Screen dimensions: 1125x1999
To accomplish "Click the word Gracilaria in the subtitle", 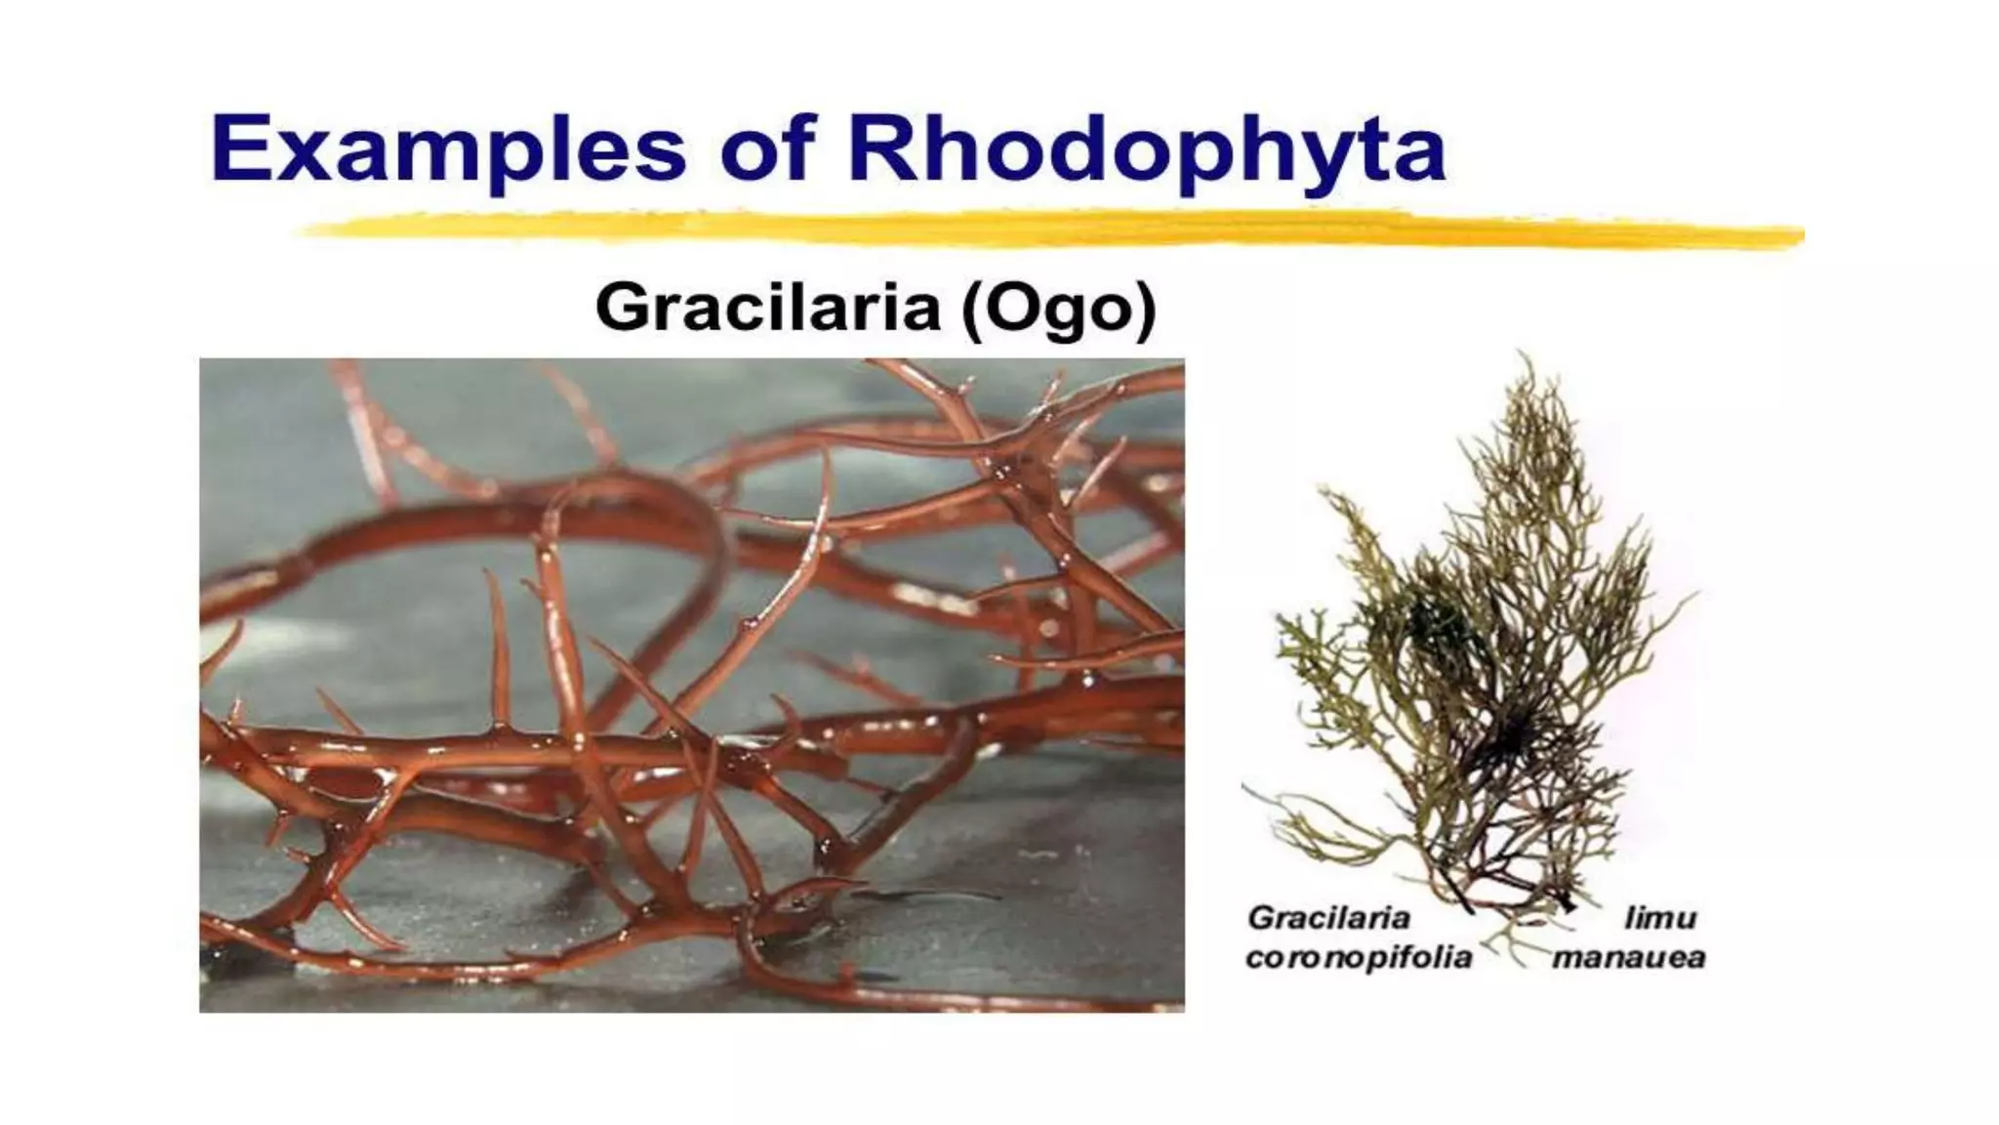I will point(767,308).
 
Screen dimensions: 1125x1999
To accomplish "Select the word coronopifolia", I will point(1359,957).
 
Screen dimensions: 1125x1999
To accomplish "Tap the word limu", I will point(1660,918).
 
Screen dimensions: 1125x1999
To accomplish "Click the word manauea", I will point(1629,957).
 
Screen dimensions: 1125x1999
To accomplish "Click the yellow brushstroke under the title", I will point(1049,230).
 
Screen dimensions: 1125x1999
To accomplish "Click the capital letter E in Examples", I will point(239,148).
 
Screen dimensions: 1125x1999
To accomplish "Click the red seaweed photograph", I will point(691,685).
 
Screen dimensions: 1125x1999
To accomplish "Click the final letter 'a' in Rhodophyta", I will point(1418,156).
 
